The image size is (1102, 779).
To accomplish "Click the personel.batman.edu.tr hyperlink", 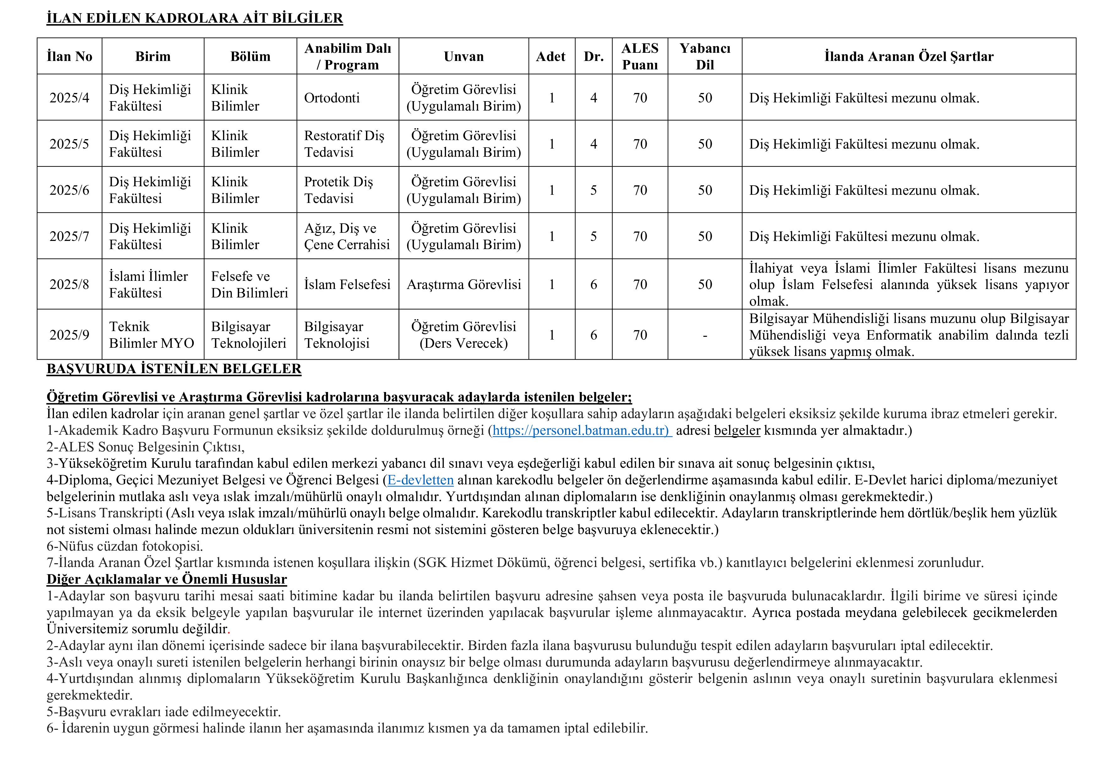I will coord(582,431).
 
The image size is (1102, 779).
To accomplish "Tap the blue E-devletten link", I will coord(420,480).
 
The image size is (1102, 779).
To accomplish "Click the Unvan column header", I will coord(464,57).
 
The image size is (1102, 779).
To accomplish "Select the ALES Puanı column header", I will coord(640,57).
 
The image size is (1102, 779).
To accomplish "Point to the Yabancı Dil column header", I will coord(705,57).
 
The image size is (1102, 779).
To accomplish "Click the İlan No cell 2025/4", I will coord(70,98).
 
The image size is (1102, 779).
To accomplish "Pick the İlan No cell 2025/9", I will coord(70,335).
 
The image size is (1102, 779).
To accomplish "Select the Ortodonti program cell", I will coord(332,98).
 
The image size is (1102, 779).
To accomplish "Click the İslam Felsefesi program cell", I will coord(347,285).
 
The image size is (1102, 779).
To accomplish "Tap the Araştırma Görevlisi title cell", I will coord(464,285).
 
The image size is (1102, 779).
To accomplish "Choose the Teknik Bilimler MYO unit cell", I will coord(151,335).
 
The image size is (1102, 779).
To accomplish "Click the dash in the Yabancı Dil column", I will coord(705,335).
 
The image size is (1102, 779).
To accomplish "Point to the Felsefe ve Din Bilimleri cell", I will coord(249,285).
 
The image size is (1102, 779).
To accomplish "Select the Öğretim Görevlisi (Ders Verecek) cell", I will coord(464,335).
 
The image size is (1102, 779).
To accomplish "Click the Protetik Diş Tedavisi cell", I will coord(338,190).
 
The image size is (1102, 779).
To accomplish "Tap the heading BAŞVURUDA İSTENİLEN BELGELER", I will coord(174,369).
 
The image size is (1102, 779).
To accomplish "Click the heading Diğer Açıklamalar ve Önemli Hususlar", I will coord(166,579).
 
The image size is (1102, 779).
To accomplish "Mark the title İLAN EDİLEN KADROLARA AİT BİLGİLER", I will coord(194,18).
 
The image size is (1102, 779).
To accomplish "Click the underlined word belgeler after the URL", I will coord(737,431).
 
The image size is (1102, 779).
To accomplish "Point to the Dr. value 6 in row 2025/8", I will coord(594,285).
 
